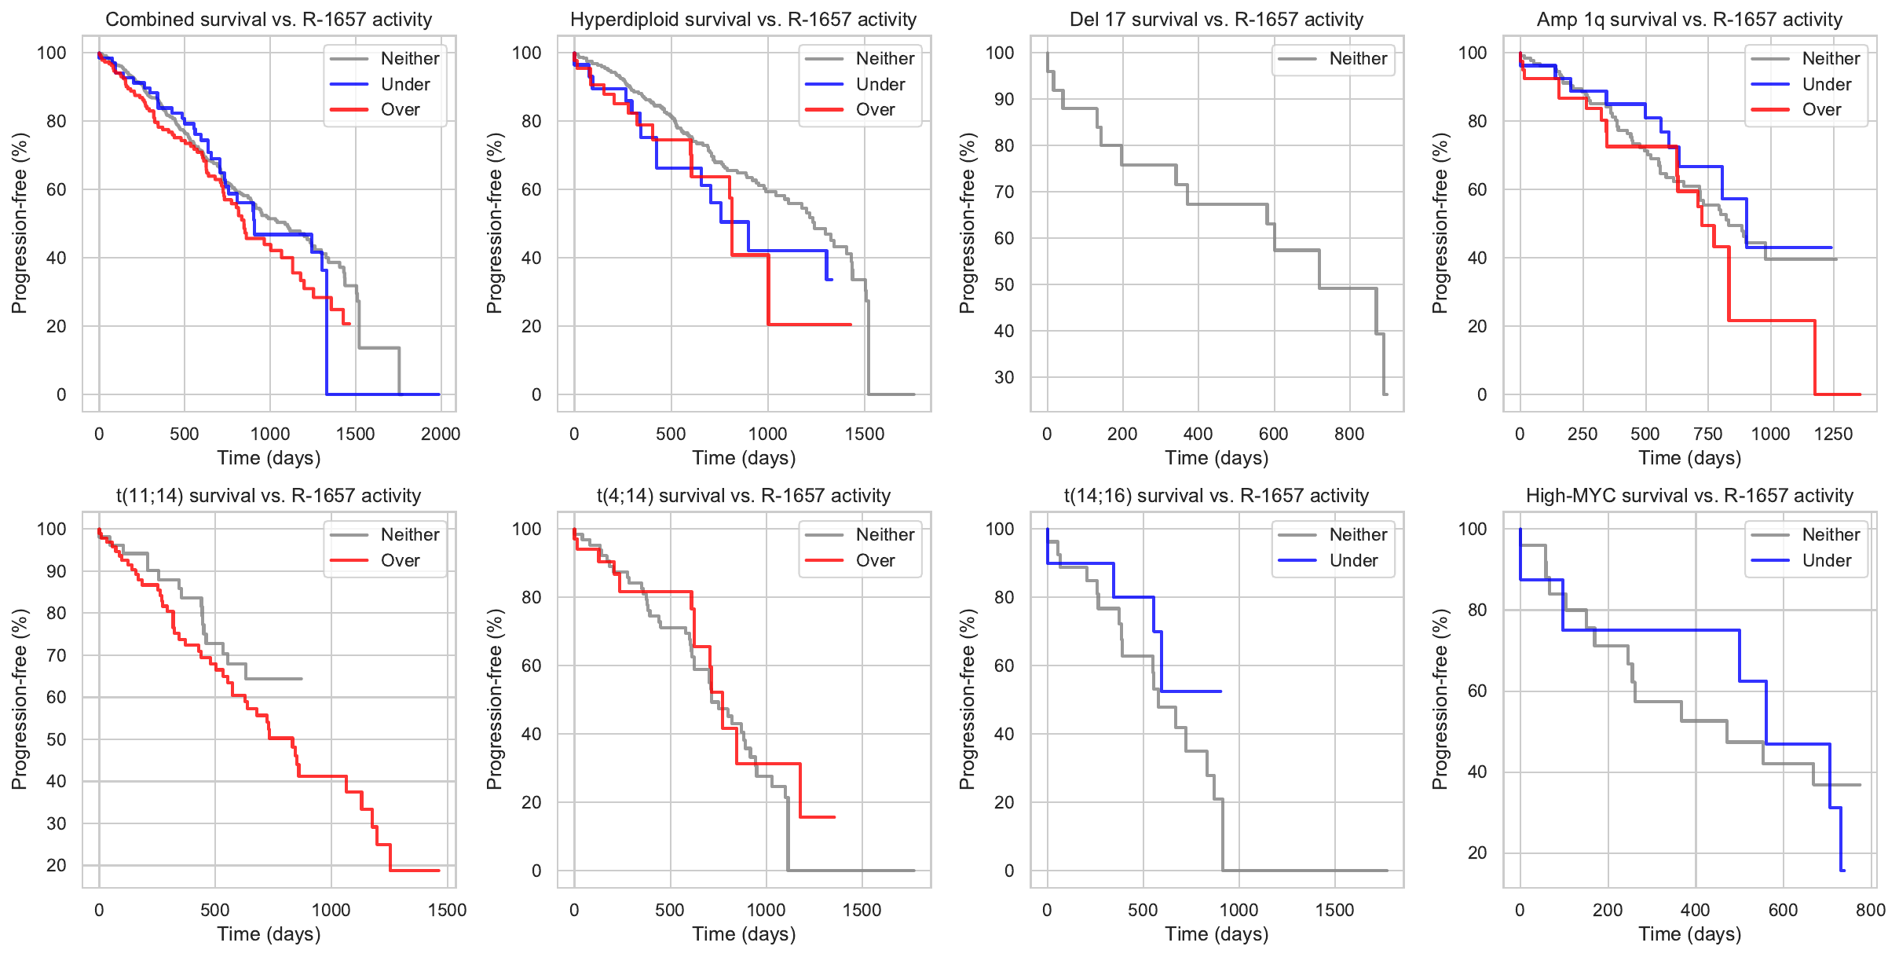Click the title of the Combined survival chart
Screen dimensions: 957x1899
click(x=269, y=20)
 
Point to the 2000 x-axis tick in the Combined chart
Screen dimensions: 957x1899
click(x=440, y=434)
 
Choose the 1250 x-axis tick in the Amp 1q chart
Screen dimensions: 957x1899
click(x=1833, y=434)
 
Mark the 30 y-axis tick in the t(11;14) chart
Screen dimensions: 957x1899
click(x=57, y=823)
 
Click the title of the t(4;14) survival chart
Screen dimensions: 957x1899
click(x=743, y=496)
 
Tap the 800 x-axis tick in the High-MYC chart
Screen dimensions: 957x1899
click(x=1870, y=910)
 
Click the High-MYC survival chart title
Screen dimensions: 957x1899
click(x=1689, y=496)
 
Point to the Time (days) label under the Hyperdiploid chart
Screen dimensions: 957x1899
click(x=743, y=458)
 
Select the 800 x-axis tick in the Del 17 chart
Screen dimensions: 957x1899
click(x=1348, y=434)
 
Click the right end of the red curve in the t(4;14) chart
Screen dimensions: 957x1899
click(x=834, y=817)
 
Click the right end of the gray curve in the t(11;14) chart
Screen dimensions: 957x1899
click(x=301, y=679)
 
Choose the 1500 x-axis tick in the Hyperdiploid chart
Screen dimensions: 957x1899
click(x=864, y=434)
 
